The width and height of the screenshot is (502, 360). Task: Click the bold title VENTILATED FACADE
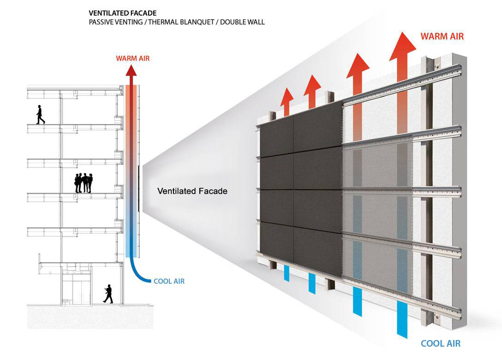pyautogui.click(x=123, y=13)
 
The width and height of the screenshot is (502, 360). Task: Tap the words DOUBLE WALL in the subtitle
pyautogui.click(x=242, y=22)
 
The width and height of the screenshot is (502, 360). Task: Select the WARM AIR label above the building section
pyautogui.click(x=133, y=58)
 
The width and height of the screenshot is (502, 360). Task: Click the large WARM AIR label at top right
pyautogui.click(x=442, y=36)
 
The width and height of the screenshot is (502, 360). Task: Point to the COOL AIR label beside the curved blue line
pyautogui.click(x=169, y=281)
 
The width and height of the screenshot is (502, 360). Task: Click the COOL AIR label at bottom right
pyautogui.click(x=441, y=344)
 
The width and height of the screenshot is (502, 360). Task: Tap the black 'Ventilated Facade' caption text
pyautogui.click(x=192, y=191)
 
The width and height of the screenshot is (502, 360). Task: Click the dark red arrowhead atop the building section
pyautogui.click(x=131, y=70)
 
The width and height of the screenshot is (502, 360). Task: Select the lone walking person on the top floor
pyautogui.click(x=40, y=114)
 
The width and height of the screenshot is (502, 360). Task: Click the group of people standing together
pyautogui.click(x=84, y=183)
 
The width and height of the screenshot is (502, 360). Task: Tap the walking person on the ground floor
pyautogui.click(x=108, y=294)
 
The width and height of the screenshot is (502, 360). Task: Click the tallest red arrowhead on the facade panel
pyautogui.click(x=403, y=46)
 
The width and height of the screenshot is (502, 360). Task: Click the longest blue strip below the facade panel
pyautogui.click(x=402, y=319)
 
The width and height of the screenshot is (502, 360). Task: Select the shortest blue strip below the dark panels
pyautogui.click(x=287, y=273)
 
